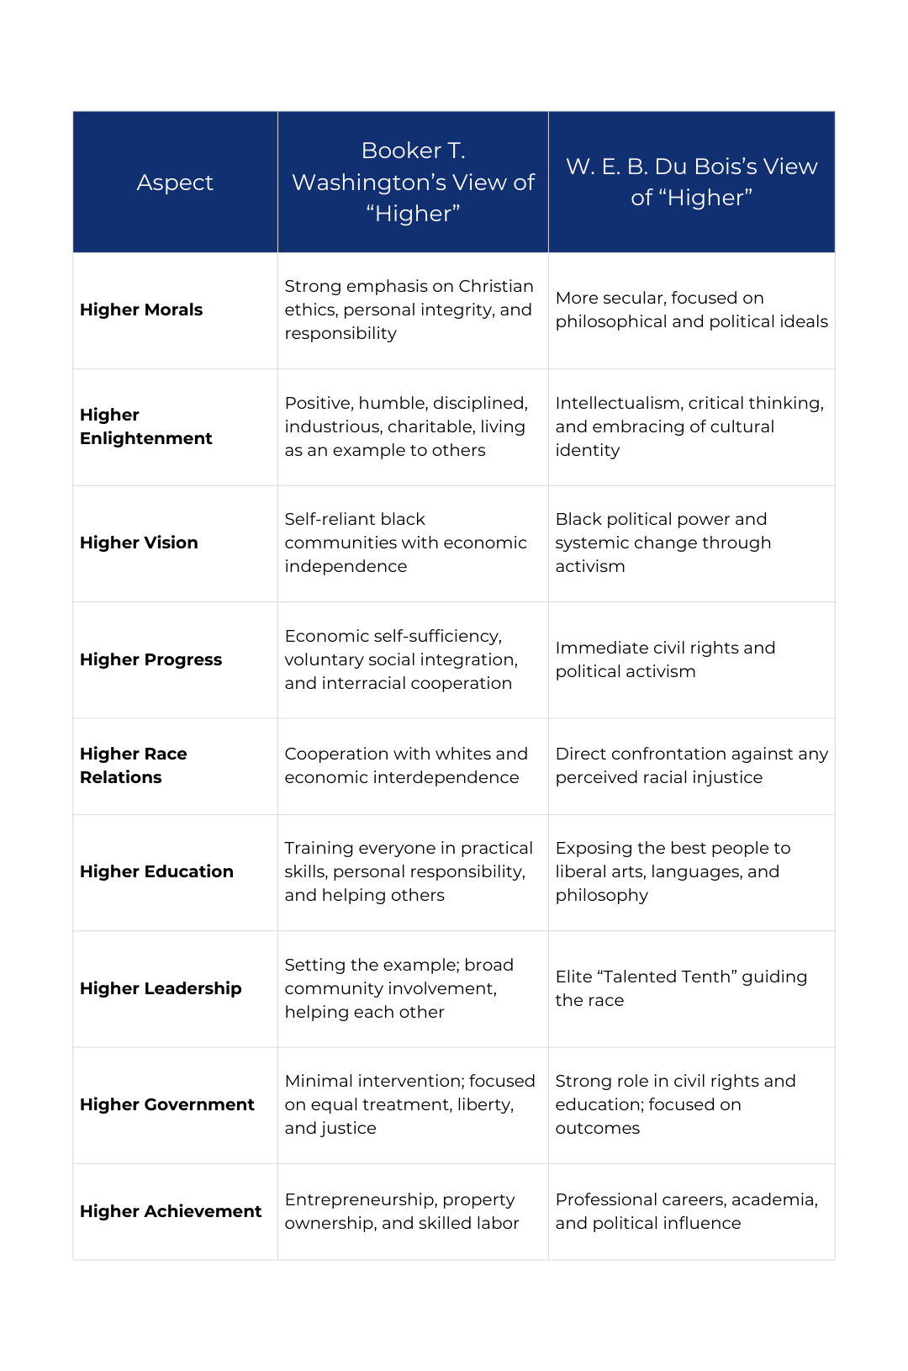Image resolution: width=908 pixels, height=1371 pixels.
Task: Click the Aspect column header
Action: (175, 183)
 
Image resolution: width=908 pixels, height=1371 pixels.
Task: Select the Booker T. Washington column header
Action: (413, 183)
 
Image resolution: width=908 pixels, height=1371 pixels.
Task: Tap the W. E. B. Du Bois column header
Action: (691, 183)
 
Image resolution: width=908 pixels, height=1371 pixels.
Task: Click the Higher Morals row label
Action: (141, 310)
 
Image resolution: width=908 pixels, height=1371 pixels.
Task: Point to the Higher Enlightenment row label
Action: (145, 426)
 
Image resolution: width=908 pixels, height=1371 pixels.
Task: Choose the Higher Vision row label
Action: (139, 543)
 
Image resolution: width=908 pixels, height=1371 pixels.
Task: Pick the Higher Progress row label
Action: (150, 659)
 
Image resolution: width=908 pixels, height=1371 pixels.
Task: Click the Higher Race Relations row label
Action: (133, 765)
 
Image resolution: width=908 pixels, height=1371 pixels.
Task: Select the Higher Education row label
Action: (156, 871)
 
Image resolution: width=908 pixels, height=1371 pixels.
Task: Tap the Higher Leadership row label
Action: (161, 988)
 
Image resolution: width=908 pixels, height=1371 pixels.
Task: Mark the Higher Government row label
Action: (166, 1104)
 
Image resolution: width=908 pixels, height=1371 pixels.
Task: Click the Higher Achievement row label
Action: (171, 1211)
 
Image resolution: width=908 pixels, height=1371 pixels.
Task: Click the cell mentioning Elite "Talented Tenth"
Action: (681, 988)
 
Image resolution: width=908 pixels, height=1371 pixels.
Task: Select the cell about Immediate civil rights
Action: (665, 659)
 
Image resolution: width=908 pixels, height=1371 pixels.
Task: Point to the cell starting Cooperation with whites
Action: (406, 765)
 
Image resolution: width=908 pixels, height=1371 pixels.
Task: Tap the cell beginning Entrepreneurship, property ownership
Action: (402, 1211)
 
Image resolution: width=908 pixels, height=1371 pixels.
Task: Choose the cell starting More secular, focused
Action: (691, 310)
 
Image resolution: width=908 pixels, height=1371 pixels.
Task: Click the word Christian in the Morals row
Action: (495, 286)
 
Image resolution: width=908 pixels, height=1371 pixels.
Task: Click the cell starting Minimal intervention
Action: (409, 1104)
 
